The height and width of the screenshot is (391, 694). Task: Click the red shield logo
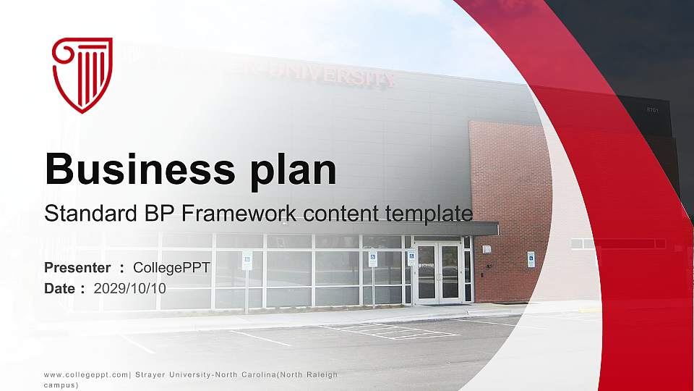coord(82,75)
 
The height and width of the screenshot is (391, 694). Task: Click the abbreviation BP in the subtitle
coord(160,214)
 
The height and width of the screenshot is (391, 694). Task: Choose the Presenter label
coord(77,268)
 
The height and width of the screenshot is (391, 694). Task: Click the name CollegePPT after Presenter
coord(171,268)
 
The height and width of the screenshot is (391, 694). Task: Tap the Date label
coord(60,288)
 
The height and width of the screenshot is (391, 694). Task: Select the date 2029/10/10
coord(130,288)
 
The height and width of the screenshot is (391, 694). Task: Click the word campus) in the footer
coord(61,386)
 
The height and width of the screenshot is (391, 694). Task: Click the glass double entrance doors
coord(438,272)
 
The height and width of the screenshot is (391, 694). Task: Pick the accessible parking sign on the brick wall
coord(531,259)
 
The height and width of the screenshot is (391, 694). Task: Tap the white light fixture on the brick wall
coord(487,249)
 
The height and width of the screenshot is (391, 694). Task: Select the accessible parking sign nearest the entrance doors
coord(411,258)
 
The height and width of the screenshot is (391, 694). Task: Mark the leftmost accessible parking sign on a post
coord(247,261)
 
